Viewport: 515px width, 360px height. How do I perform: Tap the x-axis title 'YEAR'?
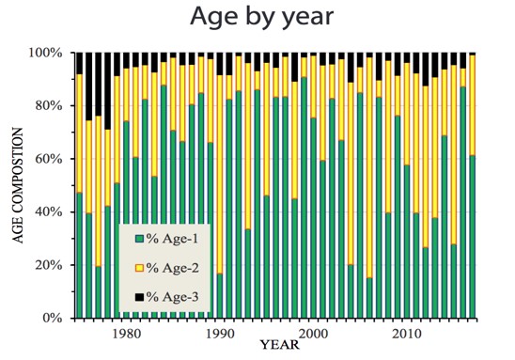280,343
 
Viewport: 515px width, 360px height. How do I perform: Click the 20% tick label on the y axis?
47,265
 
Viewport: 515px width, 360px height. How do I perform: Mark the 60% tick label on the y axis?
47,159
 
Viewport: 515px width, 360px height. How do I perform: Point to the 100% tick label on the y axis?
44,53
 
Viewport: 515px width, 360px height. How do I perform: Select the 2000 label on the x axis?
312,334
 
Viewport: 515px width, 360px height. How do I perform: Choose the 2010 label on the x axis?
406,334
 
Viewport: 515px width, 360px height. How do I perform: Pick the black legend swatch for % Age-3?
140,298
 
